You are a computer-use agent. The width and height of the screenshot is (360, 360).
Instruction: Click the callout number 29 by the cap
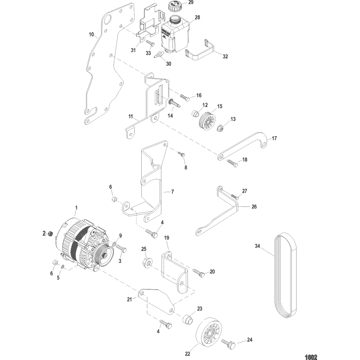point(191,3)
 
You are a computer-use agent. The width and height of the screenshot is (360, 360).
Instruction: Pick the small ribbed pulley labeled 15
point(207,122)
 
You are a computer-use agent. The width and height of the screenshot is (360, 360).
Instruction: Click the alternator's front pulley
point(103,254)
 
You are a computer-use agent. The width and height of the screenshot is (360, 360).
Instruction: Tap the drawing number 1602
point(311,357)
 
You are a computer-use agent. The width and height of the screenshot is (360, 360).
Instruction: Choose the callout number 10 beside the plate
point(91,34)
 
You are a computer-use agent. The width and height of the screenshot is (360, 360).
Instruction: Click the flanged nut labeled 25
point(146,262)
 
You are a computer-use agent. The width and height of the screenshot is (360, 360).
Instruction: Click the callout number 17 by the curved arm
point(274,138)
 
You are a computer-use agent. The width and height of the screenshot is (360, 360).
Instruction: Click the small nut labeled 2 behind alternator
point(50,234)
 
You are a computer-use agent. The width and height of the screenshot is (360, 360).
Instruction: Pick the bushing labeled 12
point(195,114)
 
